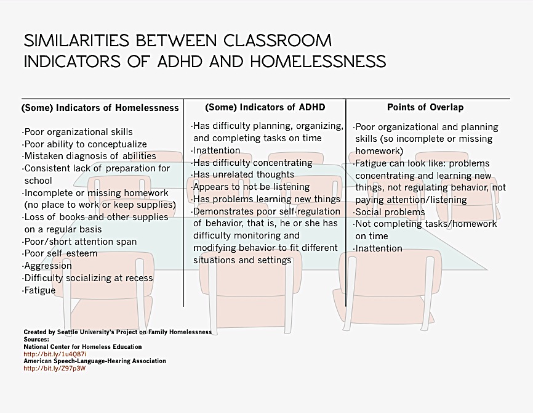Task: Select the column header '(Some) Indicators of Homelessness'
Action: pos(100,107)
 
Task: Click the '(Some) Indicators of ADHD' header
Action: pos(265,107)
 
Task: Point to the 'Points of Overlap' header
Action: pos(425,107)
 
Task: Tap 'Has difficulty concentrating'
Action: pos(252,163)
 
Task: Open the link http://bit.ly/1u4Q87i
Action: pos(55,354)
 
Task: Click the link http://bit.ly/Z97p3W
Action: pos(54,368)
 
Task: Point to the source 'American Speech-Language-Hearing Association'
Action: pos(95,361)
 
